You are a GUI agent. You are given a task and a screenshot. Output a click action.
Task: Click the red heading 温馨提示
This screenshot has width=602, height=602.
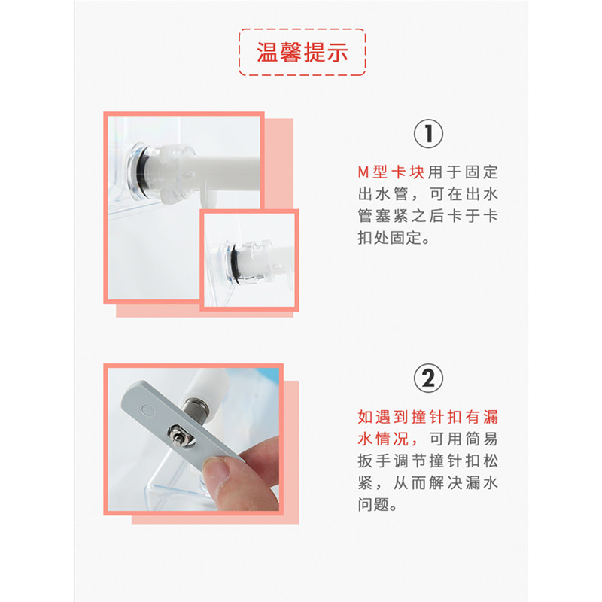[303, 52]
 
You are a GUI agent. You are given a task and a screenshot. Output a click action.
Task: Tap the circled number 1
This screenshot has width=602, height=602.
[428, 134]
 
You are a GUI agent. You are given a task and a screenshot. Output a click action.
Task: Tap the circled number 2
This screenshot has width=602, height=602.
[428, 379]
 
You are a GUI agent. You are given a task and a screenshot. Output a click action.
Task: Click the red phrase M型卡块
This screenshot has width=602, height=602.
[391, 172]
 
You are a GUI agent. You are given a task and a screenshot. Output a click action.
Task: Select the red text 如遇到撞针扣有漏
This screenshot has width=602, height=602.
[427, 417]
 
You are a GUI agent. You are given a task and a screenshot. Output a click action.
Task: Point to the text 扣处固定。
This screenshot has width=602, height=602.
[394, 238]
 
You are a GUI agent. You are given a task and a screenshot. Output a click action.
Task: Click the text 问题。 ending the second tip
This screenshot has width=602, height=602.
[378, 504]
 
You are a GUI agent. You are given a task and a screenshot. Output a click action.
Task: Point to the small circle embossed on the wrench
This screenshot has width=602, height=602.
[147, 409]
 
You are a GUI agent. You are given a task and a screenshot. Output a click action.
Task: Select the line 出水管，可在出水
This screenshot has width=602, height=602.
[427, 194]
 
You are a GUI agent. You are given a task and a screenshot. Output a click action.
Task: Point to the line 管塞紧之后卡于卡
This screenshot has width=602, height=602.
[427, 216]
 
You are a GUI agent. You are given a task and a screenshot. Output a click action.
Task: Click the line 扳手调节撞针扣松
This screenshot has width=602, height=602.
[427, 461]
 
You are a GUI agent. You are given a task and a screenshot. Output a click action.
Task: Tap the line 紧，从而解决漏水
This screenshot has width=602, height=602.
[427, 482]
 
